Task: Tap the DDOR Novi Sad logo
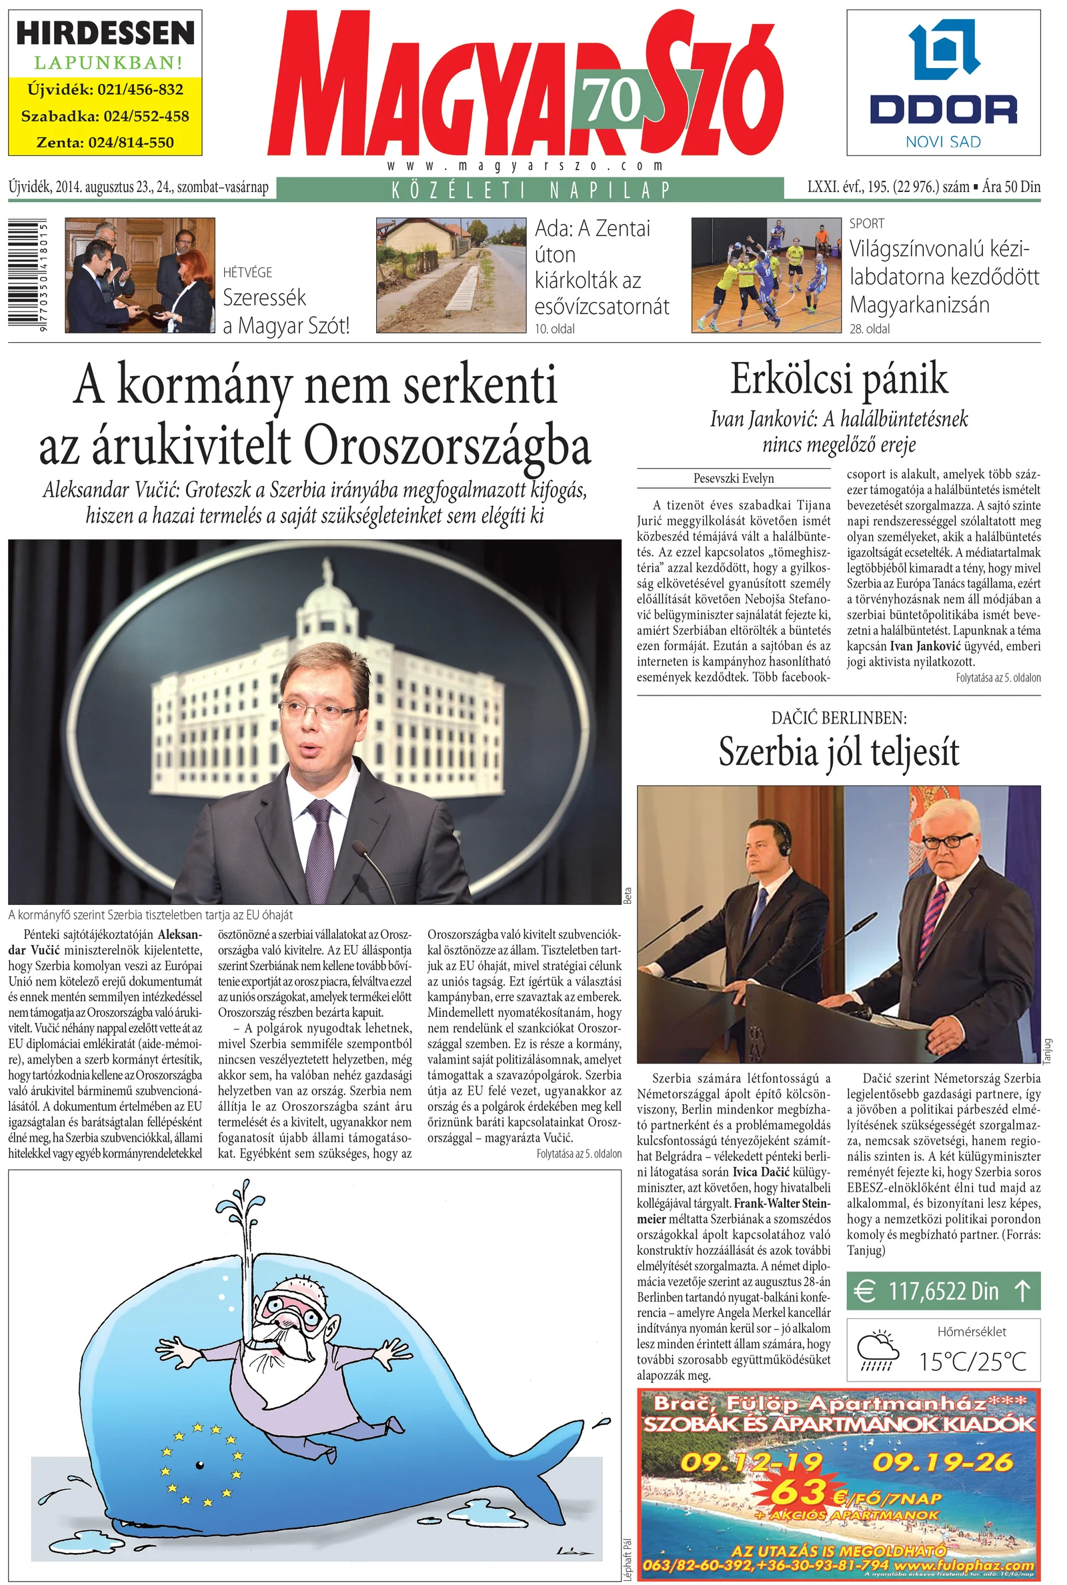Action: tap(943, 83)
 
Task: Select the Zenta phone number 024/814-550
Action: tap(105, 143)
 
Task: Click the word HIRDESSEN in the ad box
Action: tap(105, 33)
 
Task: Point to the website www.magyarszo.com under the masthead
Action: tap(525, 165)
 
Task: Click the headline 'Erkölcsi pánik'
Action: tap(838, 379)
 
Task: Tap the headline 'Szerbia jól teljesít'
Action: tap(838, 751)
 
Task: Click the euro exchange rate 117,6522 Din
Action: tap(943, 1290)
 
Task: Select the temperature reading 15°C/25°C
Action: tap(972, 1361)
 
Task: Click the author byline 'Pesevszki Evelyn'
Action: tap(734, 478)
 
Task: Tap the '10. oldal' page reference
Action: tap(555, 329)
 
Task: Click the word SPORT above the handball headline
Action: tap(866, 223)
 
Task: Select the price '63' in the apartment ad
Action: tap(799, 1492)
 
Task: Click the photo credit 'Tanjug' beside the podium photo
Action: tap(1048, 1051)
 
